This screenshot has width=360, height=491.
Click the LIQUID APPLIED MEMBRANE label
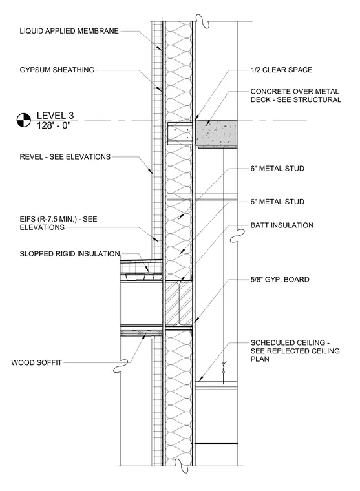click(x=69, y=31)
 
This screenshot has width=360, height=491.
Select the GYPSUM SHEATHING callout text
click(x=57, y=70)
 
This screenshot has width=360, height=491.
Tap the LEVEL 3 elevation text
click(x=55, y=116)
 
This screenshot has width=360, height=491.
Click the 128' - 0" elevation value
click(x=54, y=125)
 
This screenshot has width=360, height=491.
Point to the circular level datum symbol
click(x=24, y=120)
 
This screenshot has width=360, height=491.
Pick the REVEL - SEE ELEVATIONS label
click(x=65, y=156)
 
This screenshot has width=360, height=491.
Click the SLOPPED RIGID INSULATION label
click(x=70, y=254)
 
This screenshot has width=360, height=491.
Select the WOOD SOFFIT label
click(x=36, y=362)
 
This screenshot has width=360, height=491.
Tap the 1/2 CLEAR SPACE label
click(x=281, y=70)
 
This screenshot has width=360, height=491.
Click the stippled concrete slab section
click(x=217, y=133)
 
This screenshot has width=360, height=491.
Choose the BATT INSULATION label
click(x=282, y=225)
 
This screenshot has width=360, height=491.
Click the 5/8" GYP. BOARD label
click(x=280, y=279)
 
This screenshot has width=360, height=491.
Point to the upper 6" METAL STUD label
click(x=277, y=169)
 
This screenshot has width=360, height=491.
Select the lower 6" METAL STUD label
click(x=277, y=202)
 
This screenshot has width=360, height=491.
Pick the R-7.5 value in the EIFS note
click(x=49, y=219)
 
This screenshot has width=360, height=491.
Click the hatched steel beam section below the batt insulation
click(x=178, y=304)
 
